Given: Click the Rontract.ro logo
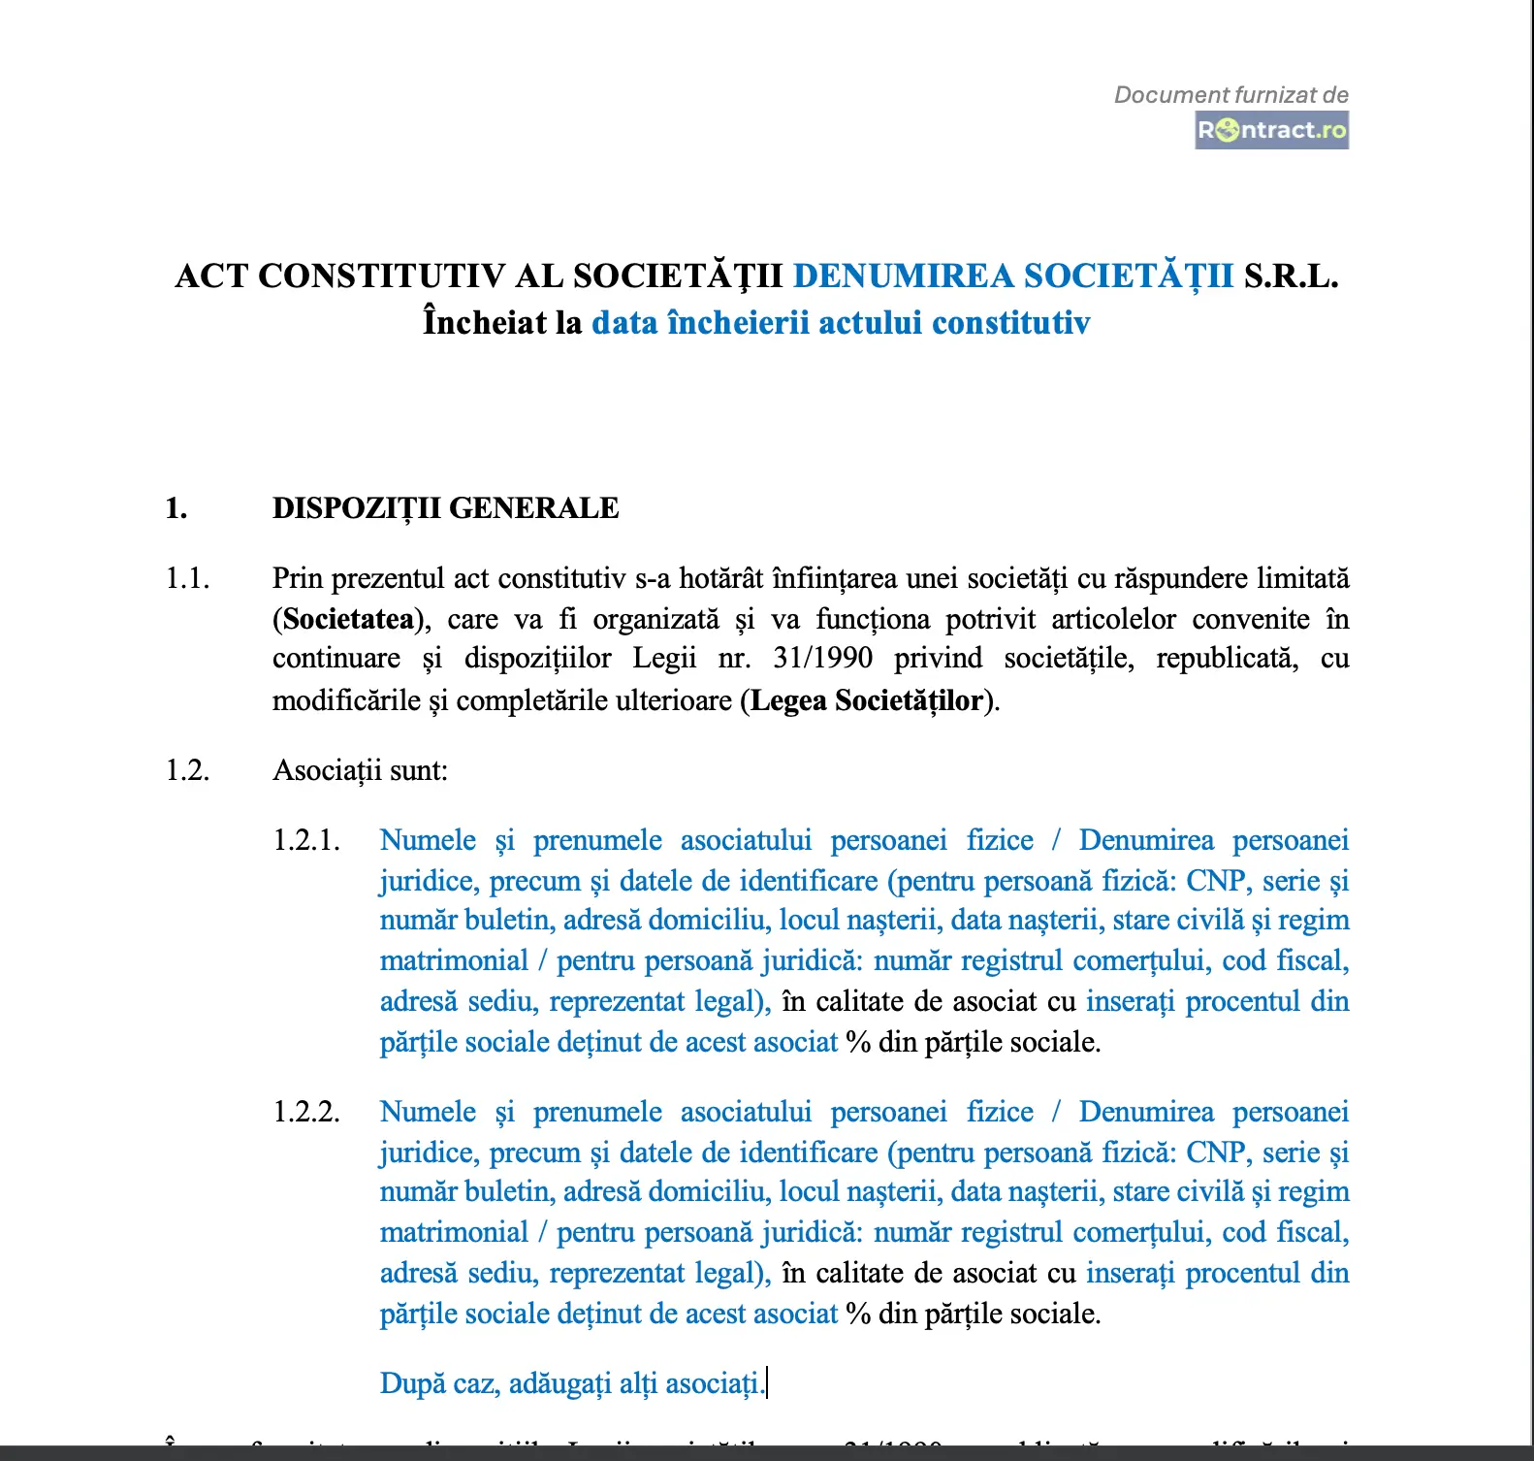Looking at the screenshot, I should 1271,130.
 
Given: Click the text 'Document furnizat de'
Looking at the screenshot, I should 1230,95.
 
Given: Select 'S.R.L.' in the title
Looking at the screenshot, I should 1291,276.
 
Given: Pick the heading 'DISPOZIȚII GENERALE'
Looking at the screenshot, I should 445,508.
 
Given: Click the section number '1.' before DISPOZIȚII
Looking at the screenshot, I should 176,508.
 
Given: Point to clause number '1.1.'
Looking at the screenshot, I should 187,578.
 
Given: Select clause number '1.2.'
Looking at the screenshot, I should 187,770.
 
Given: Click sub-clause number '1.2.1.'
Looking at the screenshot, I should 306,840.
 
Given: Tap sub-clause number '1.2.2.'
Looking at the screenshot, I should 306,1112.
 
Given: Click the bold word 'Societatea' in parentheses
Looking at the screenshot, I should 348,619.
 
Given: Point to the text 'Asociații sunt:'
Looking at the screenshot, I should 360,770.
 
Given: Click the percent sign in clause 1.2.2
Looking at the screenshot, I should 858,1315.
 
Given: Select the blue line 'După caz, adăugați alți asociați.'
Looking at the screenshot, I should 571,1383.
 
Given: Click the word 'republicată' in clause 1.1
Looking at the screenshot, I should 1227,659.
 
